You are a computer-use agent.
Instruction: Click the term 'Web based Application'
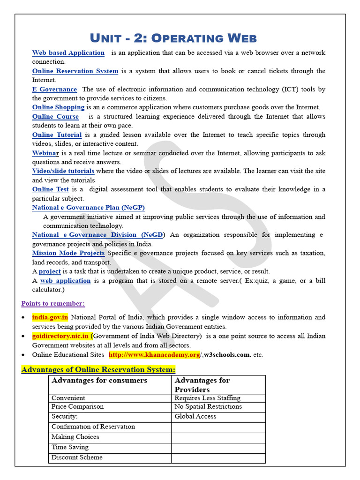[68, 53]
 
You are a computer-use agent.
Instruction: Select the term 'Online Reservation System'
[75, 71]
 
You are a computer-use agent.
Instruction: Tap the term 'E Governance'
[54, 90]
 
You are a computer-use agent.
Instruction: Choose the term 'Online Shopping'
[58, 107]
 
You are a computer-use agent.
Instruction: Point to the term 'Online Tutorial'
[57, 135]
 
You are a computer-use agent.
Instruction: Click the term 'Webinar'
[45, 153]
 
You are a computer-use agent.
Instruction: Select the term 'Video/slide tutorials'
[63, 171]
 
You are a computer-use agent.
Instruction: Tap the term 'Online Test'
[50, 189]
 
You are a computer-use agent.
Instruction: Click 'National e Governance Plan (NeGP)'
[88, 208]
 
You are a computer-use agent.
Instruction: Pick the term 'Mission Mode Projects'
[68, 253]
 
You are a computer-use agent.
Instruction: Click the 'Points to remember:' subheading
[53, 304]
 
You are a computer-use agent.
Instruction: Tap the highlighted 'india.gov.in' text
[50, 317]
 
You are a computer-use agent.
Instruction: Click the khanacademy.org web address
[154, 355]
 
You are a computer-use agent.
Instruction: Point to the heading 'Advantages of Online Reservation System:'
[98, 369]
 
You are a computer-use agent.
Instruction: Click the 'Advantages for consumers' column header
[99, 381]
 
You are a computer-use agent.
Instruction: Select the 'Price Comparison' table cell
[77, 407]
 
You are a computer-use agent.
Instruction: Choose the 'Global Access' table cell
[195, 416]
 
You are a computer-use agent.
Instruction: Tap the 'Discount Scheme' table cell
[77, 457]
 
